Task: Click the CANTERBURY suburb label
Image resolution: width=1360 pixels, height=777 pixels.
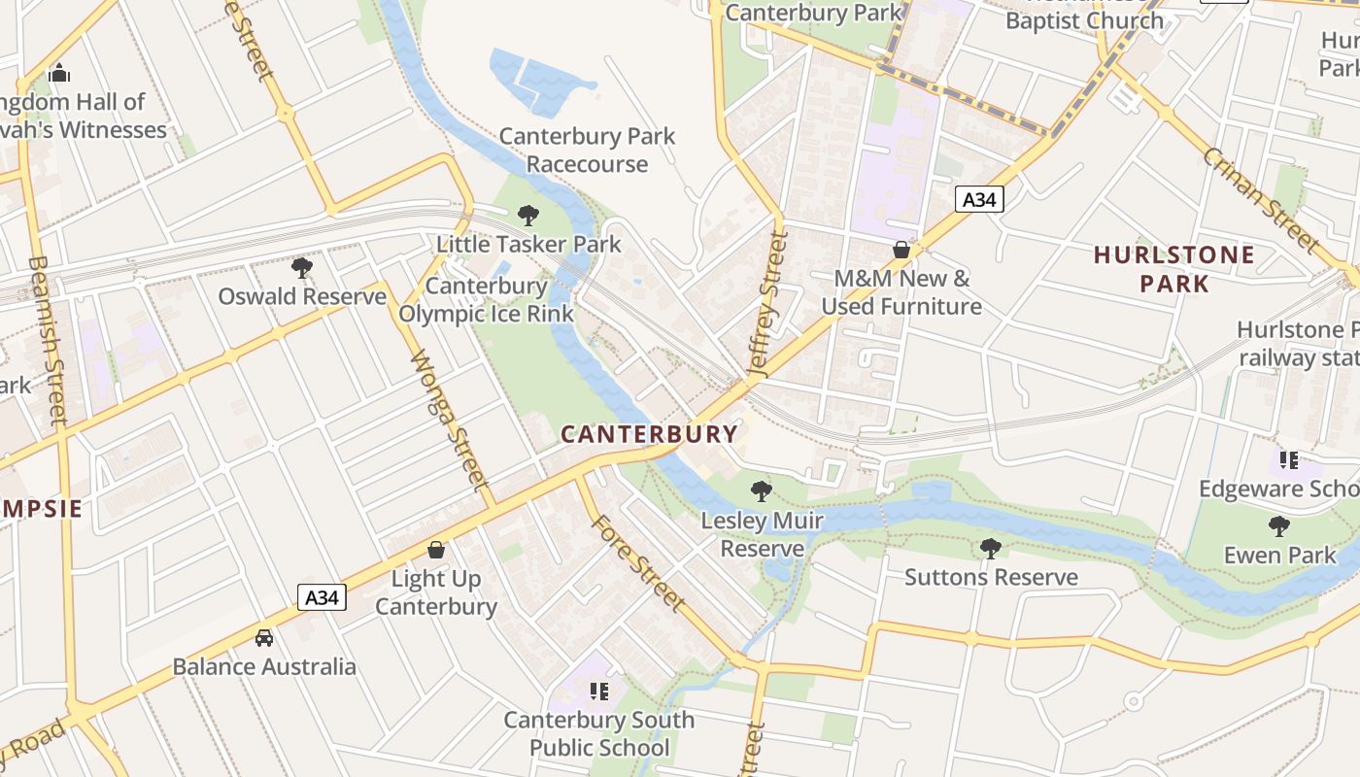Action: (649, 433)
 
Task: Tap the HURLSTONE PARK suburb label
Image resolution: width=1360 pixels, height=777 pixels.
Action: (1173, 269)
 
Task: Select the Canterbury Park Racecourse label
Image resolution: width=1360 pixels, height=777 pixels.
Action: (587, 150)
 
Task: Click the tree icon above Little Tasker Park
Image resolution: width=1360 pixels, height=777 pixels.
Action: (528, 215)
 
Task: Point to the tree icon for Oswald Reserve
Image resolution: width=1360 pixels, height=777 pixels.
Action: (302, 267)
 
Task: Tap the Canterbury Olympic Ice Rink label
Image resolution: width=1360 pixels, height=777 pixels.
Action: (487, 299)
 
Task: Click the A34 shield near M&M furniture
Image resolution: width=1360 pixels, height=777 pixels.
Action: (978, 200)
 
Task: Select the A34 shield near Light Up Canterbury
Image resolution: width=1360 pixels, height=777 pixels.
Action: (322, 596)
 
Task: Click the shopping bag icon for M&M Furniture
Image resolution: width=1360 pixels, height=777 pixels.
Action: (901, 250)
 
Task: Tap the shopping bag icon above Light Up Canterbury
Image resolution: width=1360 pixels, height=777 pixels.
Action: (436, 550)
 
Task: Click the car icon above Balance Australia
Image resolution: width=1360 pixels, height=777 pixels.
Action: (264, 638)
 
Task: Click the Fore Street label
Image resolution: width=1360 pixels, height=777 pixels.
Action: (637, 562)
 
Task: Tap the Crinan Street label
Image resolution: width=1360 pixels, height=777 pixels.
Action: (1261, 199)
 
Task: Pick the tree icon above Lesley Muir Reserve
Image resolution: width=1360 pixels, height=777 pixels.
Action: (762, 491)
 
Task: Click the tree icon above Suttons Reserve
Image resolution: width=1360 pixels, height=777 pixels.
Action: (991, 549)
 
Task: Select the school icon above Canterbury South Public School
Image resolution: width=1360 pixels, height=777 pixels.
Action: (599, 691)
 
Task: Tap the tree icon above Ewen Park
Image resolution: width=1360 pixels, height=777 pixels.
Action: (1279, 526)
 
